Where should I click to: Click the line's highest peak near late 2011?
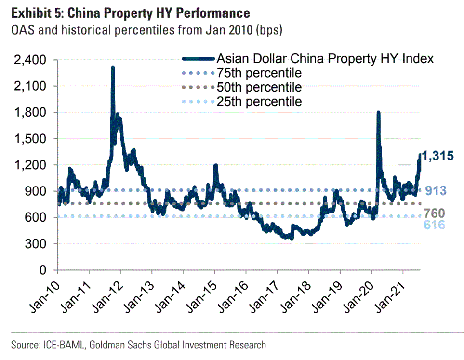pos(113,67)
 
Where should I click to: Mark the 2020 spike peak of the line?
pos(378,113)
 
